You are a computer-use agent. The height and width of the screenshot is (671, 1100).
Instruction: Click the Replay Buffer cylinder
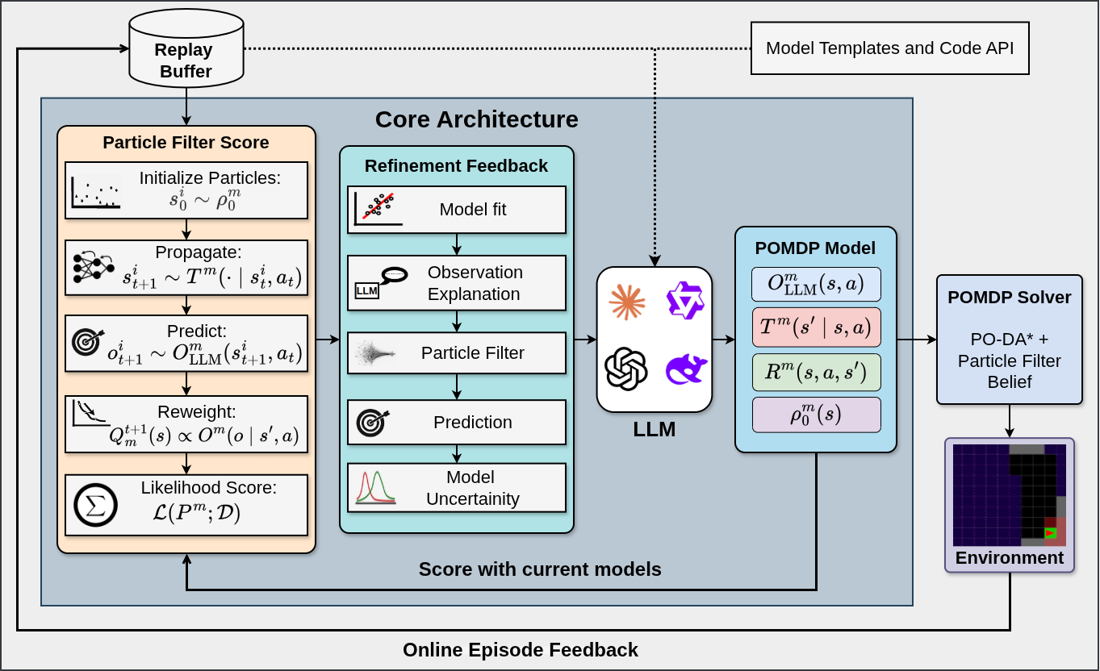186,48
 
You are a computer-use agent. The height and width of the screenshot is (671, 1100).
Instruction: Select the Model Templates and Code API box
890,48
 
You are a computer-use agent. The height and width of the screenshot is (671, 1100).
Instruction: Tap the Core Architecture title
476,119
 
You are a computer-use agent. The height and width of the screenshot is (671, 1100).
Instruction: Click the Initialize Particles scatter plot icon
96,192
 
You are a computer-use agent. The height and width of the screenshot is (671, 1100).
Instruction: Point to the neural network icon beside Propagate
94,267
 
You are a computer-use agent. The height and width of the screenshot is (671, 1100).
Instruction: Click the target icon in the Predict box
88,342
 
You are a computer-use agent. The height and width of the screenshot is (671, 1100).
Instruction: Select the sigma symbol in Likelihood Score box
95,505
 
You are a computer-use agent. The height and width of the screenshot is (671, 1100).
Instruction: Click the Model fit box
457,210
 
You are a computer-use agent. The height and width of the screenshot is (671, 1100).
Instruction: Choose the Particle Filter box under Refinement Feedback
457,353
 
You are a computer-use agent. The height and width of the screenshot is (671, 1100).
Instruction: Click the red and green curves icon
375,487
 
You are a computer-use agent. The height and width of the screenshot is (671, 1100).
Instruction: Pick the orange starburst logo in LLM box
626,302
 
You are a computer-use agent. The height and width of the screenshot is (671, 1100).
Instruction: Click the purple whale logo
686,369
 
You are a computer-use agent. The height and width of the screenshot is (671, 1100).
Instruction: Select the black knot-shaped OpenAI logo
626,369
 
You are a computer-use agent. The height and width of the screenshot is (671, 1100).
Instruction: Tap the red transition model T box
816,327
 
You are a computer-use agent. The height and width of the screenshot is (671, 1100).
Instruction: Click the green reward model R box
816,372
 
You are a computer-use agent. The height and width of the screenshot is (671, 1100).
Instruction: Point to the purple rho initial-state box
816,415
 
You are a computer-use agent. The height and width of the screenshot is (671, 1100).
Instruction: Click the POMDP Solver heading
1009,298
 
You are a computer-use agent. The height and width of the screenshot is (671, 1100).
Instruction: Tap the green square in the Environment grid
1051,533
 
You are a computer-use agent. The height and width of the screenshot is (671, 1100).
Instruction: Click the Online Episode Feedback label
520,649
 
